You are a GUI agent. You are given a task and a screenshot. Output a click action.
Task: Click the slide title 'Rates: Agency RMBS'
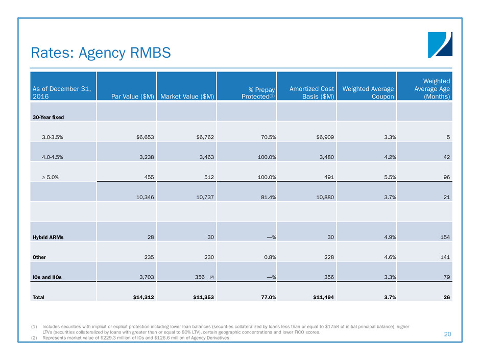(x=101, y=52)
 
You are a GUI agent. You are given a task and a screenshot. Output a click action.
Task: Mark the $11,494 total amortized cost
(x=321, y=298)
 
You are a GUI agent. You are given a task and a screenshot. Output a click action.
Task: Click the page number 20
(x=448, y=334)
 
